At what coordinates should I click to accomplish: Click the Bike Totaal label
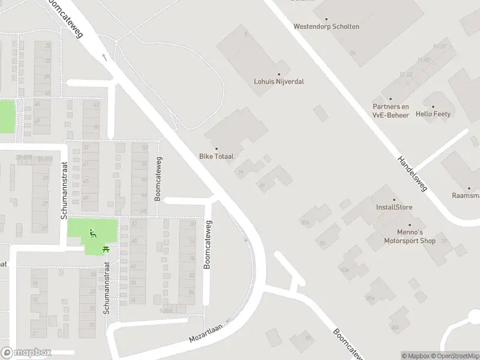coord(216,156)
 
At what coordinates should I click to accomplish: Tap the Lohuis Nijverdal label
coord(279,81)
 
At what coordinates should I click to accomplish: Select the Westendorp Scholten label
coord(326,26)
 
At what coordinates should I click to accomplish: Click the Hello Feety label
coord(433,114)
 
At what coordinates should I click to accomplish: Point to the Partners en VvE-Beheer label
coord(391,111)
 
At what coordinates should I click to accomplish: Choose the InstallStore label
coord(394,208)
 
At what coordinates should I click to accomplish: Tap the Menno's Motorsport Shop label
coord(410,236)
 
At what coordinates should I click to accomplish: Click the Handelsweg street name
coord(412,174)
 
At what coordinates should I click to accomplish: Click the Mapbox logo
coord(26,353)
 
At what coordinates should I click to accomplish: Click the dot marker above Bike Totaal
coord(217,148)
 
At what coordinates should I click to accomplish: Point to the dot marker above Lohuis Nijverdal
coord(279,73)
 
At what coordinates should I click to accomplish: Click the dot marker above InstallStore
coord(394,200)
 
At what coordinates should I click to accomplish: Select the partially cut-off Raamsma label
coord(466,196)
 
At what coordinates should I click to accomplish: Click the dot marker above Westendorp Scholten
coord(326,19)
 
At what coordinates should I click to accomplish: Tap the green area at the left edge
coord(6,116)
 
